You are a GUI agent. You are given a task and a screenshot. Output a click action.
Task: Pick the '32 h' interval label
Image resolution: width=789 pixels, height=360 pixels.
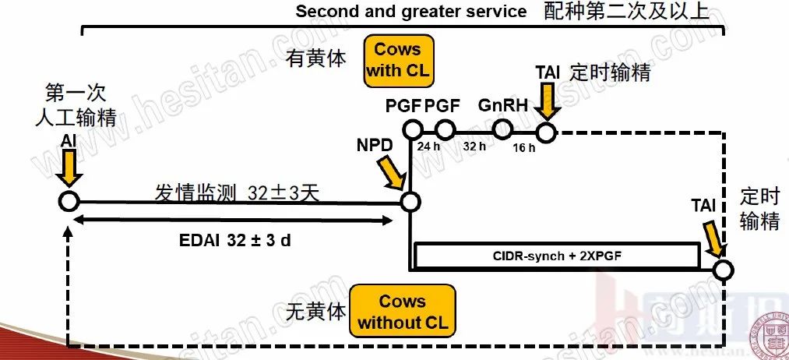[x=474, y=146]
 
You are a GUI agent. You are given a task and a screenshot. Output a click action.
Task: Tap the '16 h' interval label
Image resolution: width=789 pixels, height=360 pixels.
[x=524, y=149]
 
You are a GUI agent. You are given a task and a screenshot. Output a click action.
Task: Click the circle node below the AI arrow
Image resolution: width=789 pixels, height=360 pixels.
[x=69, y=201]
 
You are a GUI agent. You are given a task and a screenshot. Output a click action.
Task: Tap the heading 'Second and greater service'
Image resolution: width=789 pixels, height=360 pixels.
[x=410, y=12]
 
